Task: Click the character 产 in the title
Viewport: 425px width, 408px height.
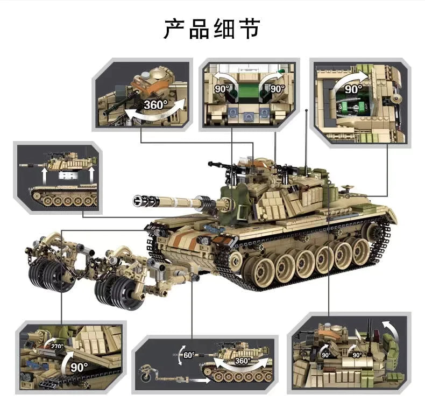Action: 175,29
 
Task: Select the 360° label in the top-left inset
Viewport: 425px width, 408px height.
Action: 155,104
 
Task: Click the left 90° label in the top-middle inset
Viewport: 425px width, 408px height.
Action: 222,88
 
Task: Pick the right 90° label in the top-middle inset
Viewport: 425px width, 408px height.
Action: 278,88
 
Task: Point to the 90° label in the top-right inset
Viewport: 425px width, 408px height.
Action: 353,89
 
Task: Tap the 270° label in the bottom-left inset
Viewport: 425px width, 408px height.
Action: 57,347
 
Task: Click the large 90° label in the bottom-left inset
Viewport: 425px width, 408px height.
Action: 79,367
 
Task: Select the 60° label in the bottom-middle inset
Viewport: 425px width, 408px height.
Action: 189,355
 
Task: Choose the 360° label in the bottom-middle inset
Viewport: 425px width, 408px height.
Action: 242,361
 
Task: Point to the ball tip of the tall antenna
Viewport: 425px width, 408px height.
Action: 306,111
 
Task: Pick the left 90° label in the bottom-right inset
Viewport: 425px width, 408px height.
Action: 326,355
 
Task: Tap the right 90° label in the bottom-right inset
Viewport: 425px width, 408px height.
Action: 357,355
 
